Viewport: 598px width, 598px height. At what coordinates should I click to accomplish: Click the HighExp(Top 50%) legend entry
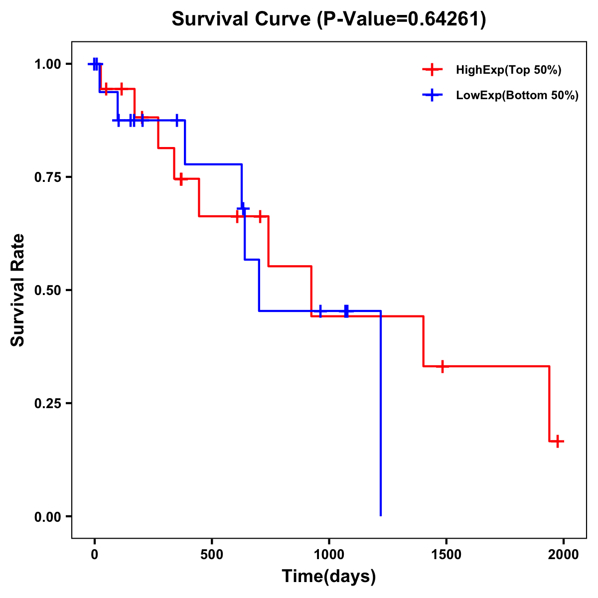(508, 70)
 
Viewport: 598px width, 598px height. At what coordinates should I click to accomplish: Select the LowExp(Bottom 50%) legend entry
(517, 96)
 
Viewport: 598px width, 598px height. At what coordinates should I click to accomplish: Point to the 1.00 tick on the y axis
(48, 64)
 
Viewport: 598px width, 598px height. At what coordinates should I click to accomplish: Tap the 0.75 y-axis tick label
(48, 177)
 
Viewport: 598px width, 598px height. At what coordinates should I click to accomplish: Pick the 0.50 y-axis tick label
(48, 291)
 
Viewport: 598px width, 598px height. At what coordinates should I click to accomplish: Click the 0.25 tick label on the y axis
(48, 404)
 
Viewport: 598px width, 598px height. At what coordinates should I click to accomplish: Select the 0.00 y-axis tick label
(48, 517)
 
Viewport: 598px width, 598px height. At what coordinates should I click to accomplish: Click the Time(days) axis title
(329, 577)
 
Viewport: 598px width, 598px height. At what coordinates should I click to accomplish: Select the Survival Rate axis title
(18, 290)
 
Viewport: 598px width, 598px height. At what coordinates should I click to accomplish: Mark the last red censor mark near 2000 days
(558, 441)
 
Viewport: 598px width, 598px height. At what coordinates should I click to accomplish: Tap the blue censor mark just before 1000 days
(320, 311)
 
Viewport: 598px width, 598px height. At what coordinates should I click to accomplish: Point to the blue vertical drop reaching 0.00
(381, 414)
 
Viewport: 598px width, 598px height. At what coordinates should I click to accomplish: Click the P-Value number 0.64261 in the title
(445, 19)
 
